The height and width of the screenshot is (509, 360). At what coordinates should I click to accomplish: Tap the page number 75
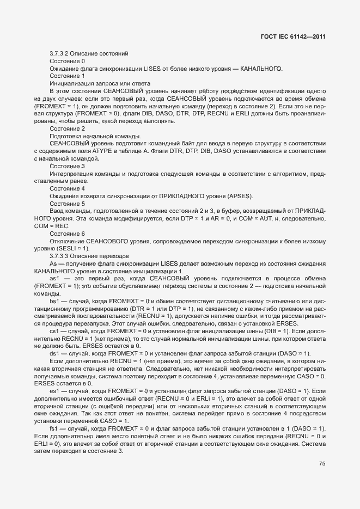click(x=322, y=464)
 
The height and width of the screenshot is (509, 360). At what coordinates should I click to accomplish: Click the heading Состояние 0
click(x=67, y=62)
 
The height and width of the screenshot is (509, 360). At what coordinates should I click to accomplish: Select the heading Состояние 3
click(x=67, y=165)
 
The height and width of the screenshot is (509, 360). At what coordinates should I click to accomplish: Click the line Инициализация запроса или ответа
click(x=93, y=84)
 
